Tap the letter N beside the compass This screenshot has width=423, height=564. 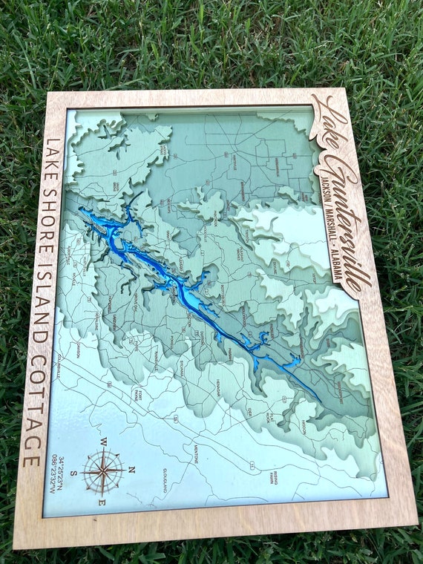point(131,469)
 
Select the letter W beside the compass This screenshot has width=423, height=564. point(104,442)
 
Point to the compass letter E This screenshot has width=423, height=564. point(103,502)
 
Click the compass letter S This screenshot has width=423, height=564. point(74,473)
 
